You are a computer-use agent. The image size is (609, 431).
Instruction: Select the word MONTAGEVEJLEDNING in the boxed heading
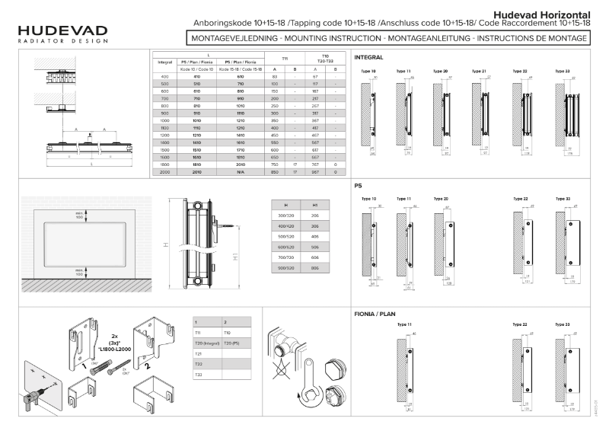click(x=231, y=37)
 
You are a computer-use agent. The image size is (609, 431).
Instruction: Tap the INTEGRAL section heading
click(x=368, y=57)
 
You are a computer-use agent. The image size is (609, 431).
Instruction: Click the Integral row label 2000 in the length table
click(x=164, y=173)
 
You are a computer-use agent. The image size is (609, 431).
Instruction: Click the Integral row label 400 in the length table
click(x=164, y=78)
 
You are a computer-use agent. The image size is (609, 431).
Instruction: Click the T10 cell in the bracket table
click(x=228, y=333)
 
